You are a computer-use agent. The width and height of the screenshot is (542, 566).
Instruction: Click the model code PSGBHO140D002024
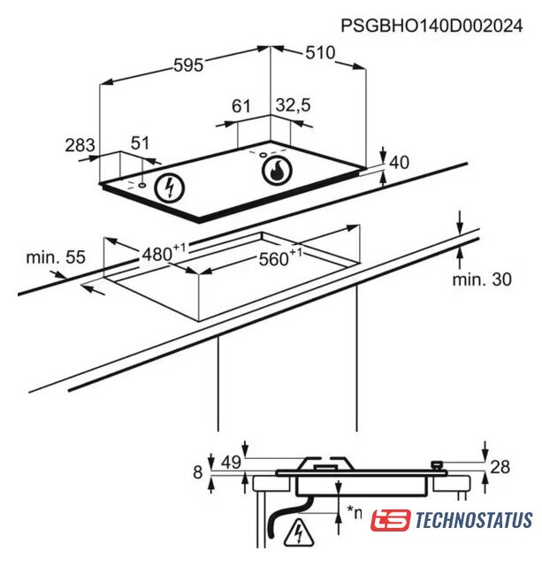pos(431,26)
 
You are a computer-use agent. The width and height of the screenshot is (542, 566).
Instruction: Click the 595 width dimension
pos(188,65)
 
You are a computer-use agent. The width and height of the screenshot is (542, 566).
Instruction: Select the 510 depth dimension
pos(320,53)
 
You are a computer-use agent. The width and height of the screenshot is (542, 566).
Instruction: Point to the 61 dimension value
pos(240,106)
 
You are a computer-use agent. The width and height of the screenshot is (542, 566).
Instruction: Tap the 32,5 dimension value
pos(293,105)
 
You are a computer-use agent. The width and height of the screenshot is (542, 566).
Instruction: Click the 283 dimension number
pos(80,145)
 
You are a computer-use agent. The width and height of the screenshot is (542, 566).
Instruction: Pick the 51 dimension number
pos(140,143)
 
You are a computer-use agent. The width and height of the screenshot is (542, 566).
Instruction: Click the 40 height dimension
pos(399,163)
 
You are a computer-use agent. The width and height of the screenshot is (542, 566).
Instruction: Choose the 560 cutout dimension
pos(280,257)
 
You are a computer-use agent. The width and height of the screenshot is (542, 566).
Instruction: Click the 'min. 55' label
pos(56,257)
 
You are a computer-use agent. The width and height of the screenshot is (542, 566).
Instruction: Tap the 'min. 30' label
pos(482,279)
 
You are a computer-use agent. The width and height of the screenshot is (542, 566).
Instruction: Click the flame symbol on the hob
pos(277,171)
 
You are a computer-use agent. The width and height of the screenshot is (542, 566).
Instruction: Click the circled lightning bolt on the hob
pos(169,187)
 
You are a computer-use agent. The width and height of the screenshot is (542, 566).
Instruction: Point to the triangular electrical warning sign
pos(299,532)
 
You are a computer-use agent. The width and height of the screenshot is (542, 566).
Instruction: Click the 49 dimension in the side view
pos(231,463)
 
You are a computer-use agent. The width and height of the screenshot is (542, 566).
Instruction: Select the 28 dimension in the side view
pos(500,467)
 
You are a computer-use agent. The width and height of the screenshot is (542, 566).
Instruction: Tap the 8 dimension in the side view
pos(198,472)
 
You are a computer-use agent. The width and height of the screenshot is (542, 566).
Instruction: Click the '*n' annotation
pos(355,512)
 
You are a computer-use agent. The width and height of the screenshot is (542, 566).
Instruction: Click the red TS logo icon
pos(391,520)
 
